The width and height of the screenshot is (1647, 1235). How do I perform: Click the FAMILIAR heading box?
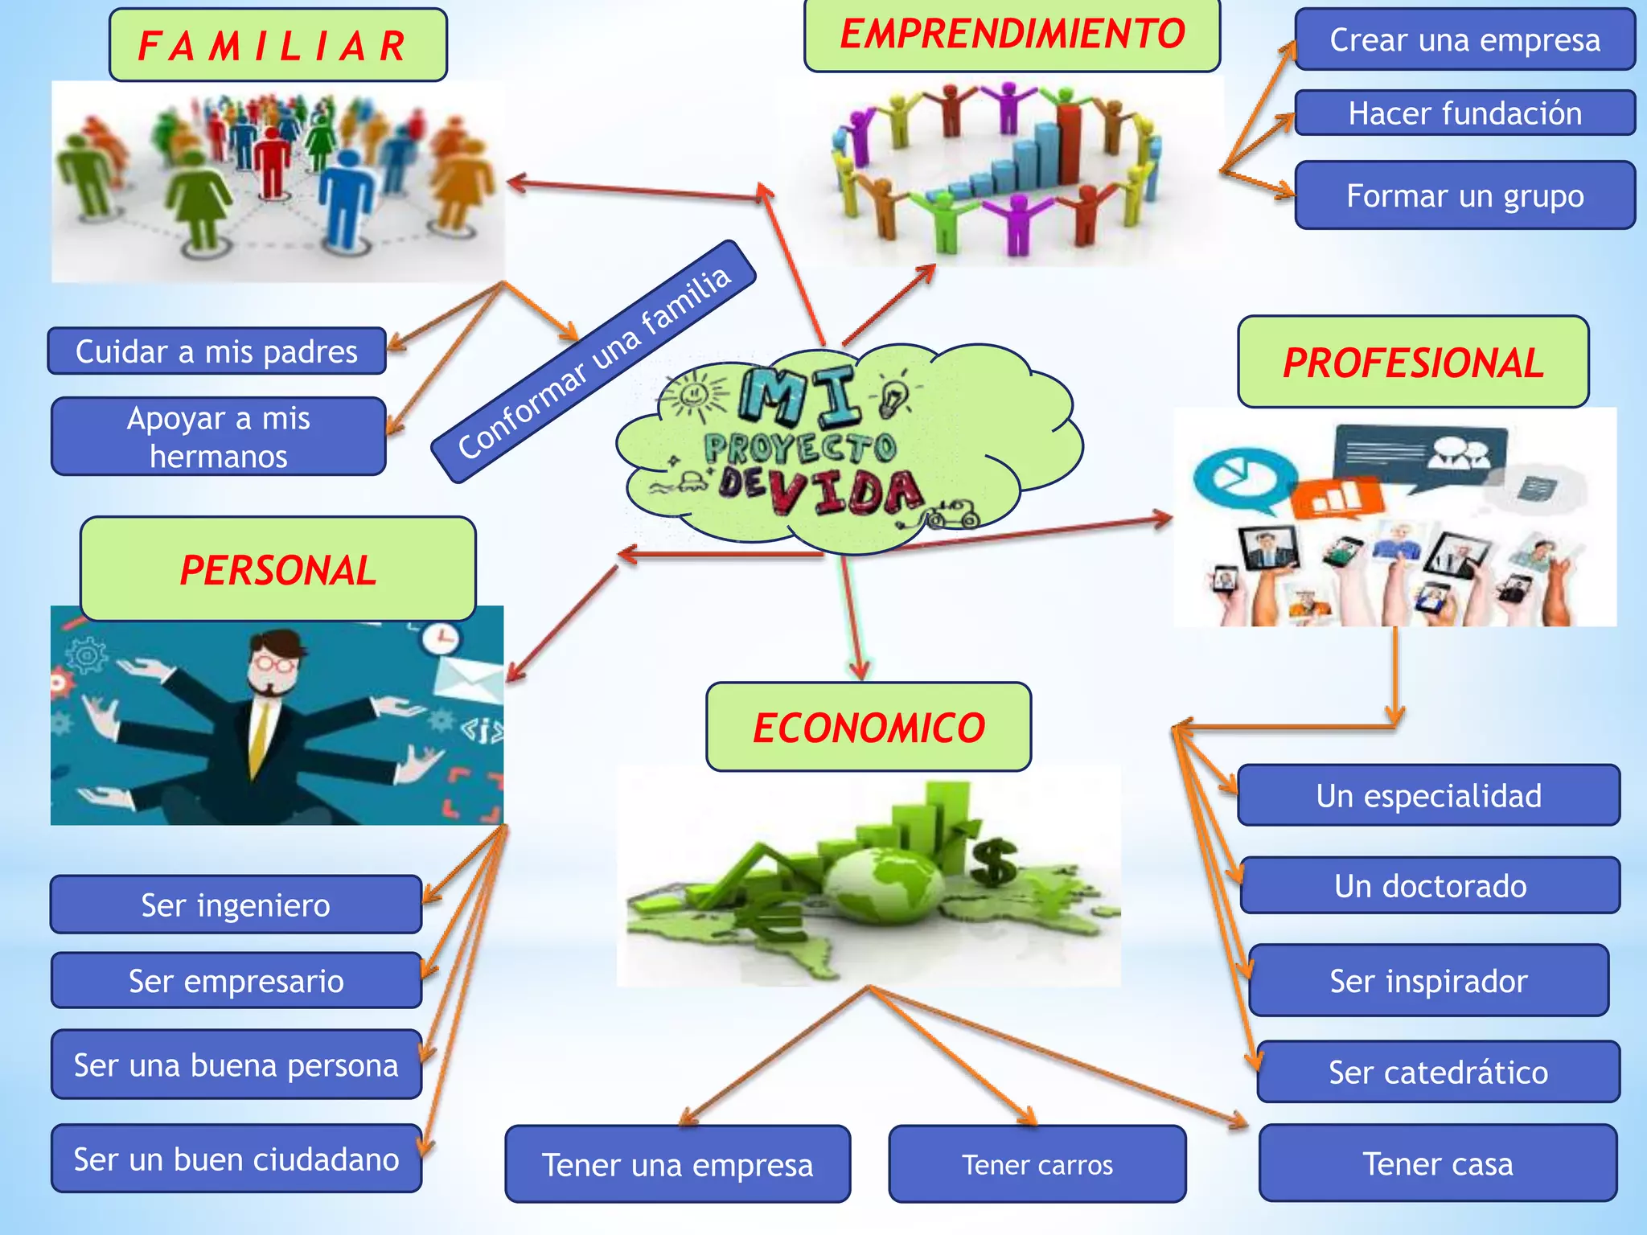(x=277, y=45)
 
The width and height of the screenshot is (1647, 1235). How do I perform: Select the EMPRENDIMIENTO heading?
(x=1012, y=35)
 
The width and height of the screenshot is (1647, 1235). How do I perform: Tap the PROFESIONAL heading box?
(x=1413, y=362)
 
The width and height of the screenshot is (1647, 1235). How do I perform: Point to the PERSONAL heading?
(x=277, y=569)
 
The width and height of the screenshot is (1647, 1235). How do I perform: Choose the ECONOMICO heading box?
(x=869, y=727)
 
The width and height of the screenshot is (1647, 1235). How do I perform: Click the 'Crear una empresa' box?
(x=1464, y=39)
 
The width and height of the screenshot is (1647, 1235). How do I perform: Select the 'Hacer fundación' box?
(x=1464, y=113)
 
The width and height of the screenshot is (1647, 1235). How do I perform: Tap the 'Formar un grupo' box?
(x=1464, y=195)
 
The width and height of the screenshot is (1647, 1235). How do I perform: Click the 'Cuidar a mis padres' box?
(x=216, y=351)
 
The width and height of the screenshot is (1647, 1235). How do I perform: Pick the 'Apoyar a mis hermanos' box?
(x=218, y=437)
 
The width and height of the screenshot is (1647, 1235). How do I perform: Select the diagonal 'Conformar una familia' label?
(x=593, y=362)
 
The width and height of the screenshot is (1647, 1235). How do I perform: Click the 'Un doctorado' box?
(x=1430, y=885)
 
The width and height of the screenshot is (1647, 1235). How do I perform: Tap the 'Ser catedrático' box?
(x=1438, y=1072)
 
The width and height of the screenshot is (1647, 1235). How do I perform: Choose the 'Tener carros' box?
(x=1037, y=1164)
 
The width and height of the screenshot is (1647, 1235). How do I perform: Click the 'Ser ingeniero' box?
(x=236, y=905)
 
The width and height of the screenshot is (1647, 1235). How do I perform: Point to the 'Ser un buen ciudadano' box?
(x=236, y=1159)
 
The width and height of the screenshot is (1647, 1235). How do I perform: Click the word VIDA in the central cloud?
(x=844, y=492)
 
